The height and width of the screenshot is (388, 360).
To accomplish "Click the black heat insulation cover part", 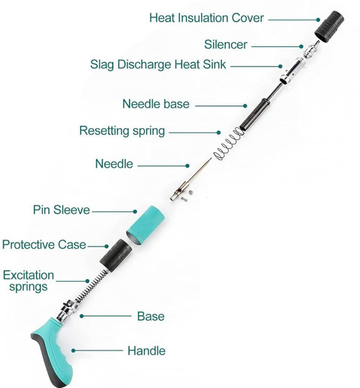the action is [x=329, y=26].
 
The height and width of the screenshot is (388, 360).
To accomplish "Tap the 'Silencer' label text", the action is [x=226, y=44].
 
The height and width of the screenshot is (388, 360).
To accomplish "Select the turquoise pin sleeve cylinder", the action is [x=145, y=225].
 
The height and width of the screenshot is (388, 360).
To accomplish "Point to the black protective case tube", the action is [x=115, y=255].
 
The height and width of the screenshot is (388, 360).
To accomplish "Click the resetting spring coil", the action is [x=228, y=143].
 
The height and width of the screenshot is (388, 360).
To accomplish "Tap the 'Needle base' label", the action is [x=156, y=104].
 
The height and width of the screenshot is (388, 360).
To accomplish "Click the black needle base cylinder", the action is [x=253, y=114].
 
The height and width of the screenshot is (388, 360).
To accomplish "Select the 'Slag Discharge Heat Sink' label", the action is [x=158, y=64].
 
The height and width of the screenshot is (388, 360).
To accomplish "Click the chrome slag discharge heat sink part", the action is [x=292, y=70].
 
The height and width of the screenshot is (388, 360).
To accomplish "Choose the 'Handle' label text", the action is [x=146, y=351].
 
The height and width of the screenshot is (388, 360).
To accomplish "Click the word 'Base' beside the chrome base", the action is [x=151, y=316].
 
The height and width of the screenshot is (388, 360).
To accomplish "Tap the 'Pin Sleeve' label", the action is [x=61, y=210].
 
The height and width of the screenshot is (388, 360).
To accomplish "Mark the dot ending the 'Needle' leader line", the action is [x=187, y=166].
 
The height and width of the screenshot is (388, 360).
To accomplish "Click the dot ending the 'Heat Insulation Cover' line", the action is [x=318, y=19].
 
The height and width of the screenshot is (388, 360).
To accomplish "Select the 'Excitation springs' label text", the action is [x=28, y=281].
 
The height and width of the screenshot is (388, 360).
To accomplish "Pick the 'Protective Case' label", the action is [x=44, y=244].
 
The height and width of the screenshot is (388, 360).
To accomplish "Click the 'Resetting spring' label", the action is [x=122, y=131].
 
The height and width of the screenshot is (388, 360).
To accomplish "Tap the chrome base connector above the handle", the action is [x=67, y=310].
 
